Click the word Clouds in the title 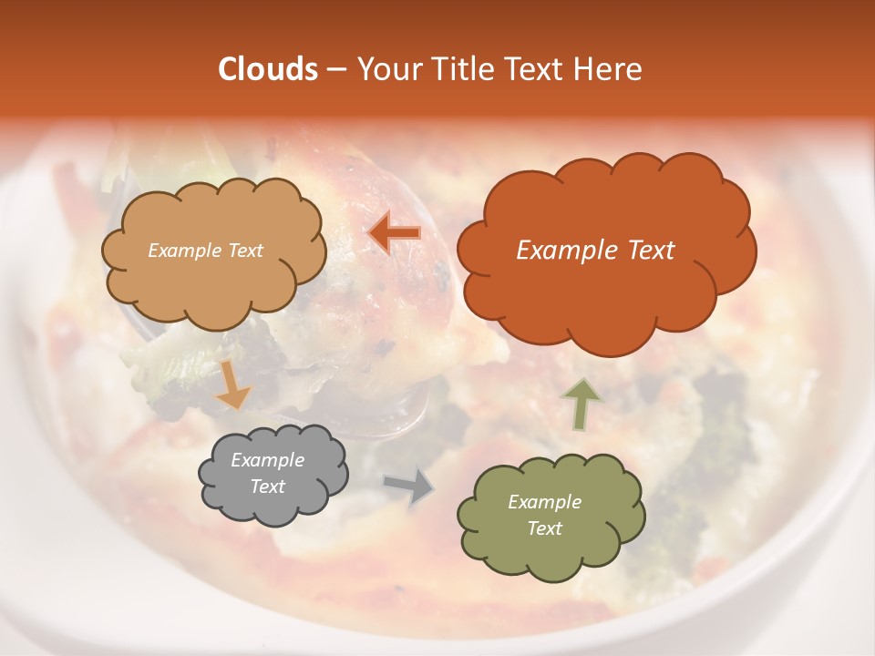coord(267,69)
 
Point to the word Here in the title coord(609,69)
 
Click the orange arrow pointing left coord(395,233)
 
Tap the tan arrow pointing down coord(233,384)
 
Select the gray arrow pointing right coord(408,486)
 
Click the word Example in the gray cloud coord(267,460)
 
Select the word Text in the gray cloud coord(267,487)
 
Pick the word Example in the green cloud coord(544,502)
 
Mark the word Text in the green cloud coord(544,528)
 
